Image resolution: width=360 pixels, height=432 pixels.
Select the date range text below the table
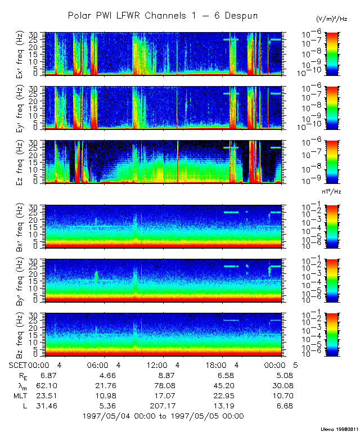[163, 416]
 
